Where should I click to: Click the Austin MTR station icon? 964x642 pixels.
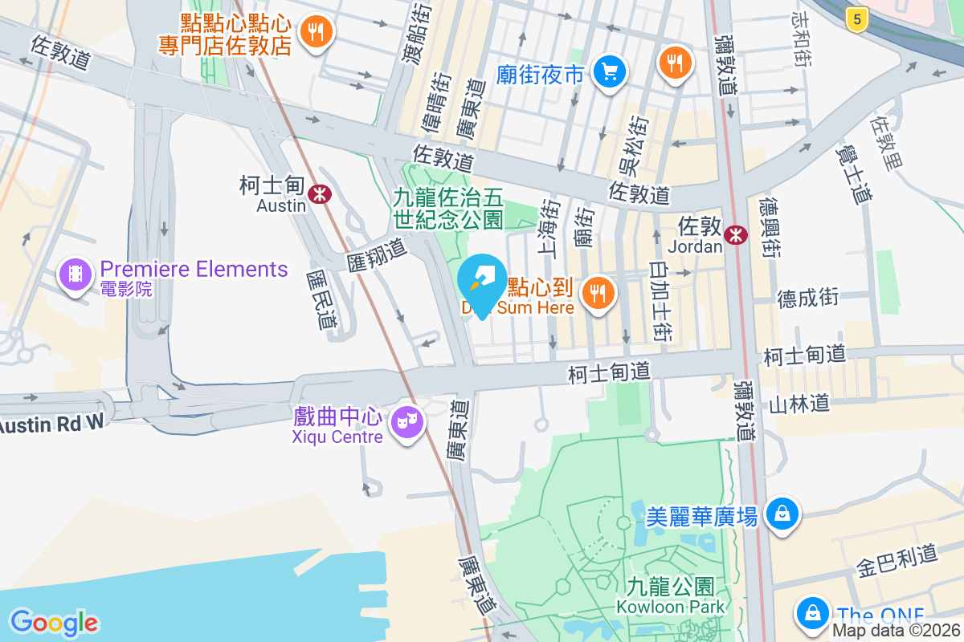pyautogui.click(x=319, y=193)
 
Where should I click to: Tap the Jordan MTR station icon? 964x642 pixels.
pyautogui.click(x=734, y=234)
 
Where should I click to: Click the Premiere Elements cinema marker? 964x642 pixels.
pyautogui.click(x=76, y=274)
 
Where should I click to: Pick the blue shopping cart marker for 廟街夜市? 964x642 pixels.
pyautogui.click(x=609, y=73)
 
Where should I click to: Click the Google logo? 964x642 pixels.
pyautogui.click(x=54, y=622)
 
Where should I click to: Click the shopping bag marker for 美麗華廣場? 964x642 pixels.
pyautogui.click(x=781, y=513)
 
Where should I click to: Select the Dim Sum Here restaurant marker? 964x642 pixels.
pyautogui.click(x=597, y=293)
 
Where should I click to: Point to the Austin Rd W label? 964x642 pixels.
pyautogui.click(x=52, y=423)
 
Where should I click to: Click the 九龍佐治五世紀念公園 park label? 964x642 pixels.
pyautogui.click(x=447, y=207)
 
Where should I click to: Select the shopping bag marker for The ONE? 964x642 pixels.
pyautogui.click(x=813, y=612)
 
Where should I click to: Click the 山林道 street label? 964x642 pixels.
pyautogui.click(x=799, y=403)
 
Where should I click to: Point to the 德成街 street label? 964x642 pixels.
pyautogui.click(x=807, y=298)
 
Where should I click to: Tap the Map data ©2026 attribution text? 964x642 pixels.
pyautogui.click(x=897, y=631)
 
